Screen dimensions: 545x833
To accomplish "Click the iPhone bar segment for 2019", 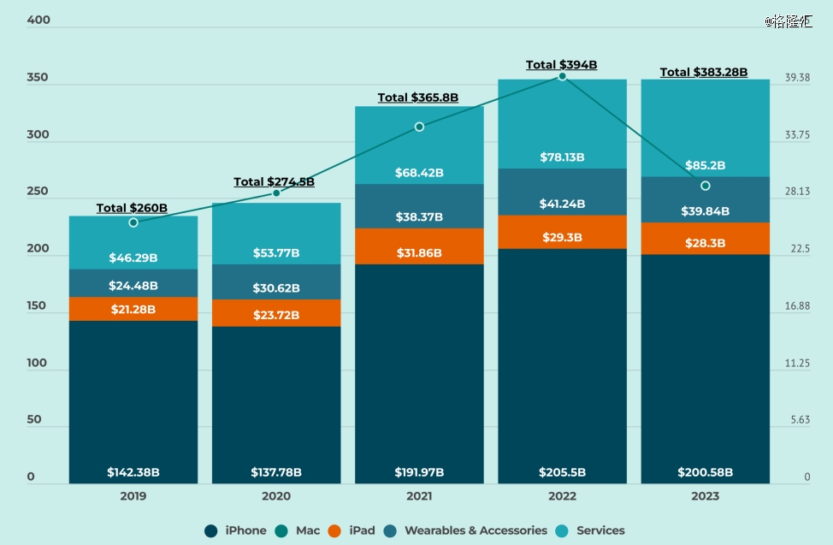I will (133, 402).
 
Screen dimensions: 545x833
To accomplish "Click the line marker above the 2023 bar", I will (706, 186).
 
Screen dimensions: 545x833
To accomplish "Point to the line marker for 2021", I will (419, 127).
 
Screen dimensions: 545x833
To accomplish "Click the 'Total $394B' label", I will (561, 65).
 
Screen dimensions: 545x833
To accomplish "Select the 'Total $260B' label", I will (132, 208).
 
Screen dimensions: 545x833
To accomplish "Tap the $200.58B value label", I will (706, 472).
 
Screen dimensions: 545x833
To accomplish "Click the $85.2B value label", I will (706, 165).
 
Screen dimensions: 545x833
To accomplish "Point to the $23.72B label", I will (276, 315).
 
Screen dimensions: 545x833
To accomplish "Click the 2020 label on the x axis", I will (276, 496).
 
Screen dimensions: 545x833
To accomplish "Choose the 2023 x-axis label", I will (706, 496).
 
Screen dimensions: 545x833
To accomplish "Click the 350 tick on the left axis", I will (38, 78).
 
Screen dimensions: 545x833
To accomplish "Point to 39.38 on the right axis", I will (797, 78).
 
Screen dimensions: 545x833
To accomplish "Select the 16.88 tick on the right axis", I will (797, 306).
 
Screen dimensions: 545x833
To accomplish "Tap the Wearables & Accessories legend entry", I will (467, 530).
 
